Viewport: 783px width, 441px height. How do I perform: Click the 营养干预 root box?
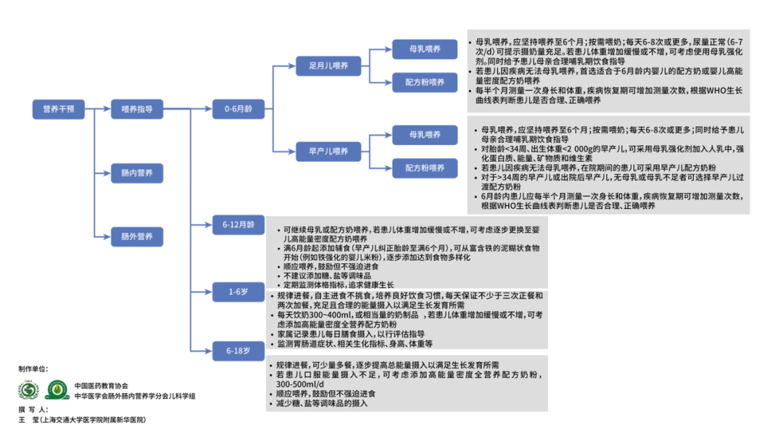59,109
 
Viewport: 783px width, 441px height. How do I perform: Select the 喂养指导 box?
132,109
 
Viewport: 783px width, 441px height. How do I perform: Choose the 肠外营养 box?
132,236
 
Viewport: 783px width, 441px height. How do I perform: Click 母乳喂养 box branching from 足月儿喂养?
425,49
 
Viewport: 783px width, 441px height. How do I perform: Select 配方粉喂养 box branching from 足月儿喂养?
425,82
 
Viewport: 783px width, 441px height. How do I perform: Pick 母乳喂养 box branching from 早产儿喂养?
425,134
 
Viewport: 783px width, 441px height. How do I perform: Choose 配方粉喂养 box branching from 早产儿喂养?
425,168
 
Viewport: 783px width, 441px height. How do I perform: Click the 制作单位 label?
33,368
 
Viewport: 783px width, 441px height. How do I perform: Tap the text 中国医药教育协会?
101,385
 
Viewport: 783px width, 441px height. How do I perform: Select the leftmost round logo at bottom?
28,390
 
